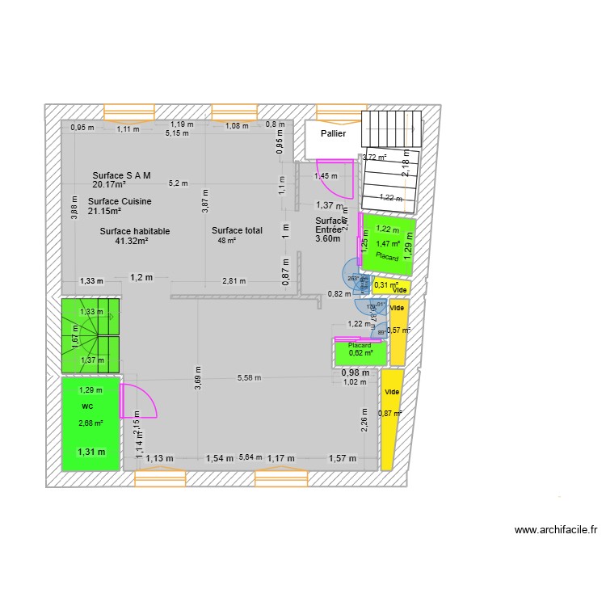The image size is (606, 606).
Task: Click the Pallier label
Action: [333, 134]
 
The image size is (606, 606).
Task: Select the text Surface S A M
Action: [121, 175]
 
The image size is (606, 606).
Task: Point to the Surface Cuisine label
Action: [120, 201]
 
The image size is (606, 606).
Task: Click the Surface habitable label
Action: [135, 231]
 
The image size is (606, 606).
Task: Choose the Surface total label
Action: [237, 231]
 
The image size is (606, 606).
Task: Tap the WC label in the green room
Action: [87, 407]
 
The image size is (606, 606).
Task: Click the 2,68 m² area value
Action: [90, 423]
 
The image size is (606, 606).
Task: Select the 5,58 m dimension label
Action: [250, 377]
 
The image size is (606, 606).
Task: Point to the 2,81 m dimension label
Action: [234, 281]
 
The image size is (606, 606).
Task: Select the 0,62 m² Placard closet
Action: [360, 353]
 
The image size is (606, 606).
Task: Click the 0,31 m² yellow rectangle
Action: [391, 285]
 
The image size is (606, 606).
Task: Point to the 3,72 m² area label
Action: [374, 158]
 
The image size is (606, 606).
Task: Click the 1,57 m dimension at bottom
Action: [341, 458]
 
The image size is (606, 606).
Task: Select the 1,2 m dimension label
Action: [141, 277]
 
